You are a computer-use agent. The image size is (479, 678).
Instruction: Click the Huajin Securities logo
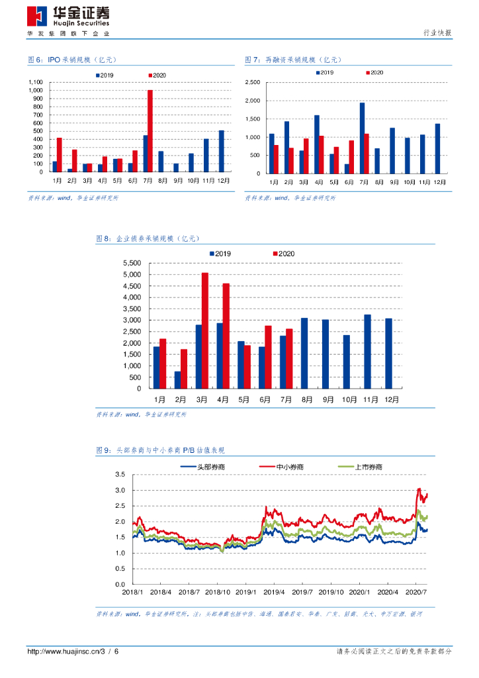pyautogui.click(x=68, y=17)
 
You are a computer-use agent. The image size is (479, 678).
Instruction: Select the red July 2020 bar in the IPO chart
pyautogui.click(x=150, y=130)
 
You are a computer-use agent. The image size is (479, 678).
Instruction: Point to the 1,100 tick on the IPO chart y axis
pyautogui.click(x=36, y=83)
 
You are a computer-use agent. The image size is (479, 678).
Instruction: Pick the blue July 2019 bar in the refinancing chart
pyautogui.click(x=362, y=138)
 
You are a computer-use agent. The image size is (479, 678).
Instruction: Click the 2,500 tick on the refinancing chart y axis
pyautogui.click(x=253, y=83)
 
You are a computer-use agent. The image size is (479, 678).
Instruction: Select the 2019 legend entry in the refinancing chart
pyautogui.click(x=324, y=72)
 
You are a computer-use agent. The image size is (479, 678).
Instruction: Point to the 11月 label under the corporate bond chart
pyautogui.click(x=370, y=399)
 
